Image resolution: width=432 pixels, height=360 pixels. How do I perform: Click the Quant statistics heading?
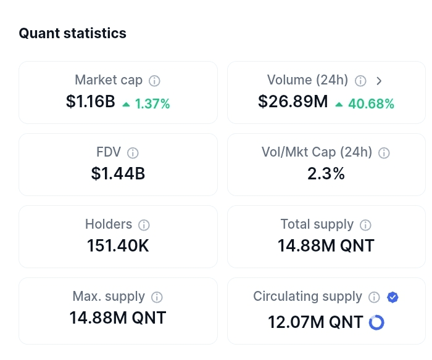[72, 33]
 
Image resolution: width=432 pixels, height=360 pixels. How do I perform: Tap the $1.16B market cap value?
[91, 102]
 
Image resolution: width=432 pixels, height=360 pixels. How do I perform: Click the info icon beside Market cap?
[155, 81]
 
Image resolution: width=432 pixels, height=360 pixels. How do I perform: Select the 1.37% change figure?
[152, 104]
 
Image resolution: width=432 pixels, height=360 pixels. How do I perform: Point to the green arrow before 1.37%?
[126, 104]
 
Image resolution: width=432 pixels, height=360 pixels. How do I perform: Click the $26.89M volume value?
[293, 102]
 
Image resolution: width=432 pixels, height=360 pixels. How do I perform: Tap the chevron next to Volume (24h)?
[380, 81]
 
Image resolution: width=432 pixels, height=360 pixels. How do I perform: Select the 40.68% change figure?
[371, 104]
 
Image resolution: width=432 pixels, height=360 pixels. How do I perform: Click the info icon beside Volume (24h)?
[361, 81]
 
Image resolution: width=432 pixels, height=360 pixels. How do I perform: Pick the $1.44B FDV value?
[118, 174]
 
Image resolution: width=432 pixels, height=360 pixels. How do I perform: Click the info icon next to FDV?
[133, 153]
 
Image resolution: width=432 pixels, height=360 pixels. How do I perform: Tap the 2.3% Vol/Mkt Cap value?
[326, 174]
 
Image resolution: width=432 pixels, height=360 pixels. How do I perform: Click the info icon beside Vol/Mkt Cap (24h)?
[384, 153]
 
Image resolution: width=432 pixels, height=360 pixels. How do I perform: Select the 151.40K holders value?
[118, 246]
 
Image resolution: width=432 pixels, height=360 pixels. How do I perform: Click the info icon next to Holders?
[144, 225]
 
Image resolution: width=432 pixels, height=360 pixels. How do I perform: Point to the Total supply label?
[317, 224]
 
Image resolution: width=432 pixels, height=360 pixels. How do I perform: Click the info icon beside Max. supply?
[157, 297]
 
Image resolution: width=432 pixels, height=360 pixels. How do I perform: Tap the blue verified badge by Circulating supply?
[393, 297]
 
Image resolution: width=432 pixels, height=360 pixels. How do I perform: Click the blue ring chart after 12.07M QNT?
[376, 322]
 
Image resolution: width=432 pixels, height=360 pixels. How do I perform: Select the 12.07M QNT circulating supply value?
[315, 322]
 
